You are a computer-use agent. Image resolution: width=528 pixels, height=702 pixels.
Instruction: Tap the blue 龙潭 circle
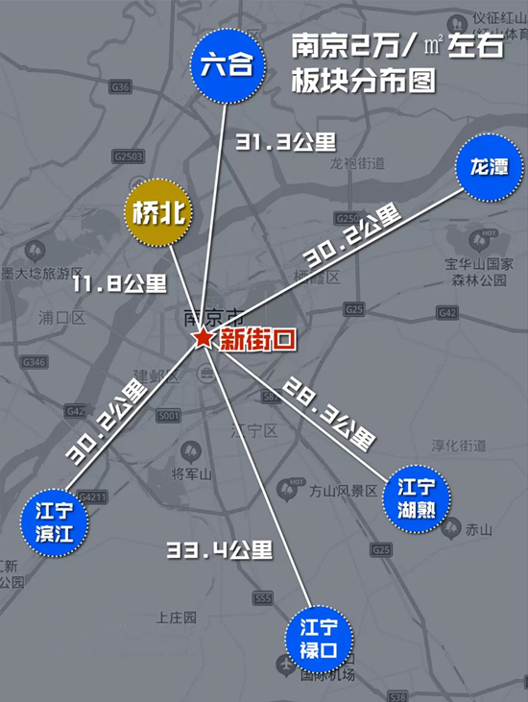pyautogui.click(x=489, y=166)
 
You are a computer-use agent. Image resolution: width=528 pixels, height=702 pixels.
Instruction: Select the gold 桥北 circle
pyautogui.click(x=157, y=213)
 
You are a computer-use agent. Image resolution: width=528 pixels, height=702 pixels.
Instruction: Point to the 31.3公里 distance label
pyautogui.click(x=285, y=142)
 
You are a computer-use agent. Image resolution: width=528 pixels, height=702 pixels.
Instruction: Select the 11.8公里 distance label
pyautogui.click(x=119, y=283)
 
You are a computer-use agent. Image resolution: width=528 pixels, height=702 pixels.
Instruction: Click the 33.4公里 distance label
pyautogui.click(x=220, y=551)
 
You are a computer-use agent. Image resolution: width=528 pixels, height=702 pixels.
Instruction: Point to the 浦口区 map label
pyautogui.click(x=62, y=316)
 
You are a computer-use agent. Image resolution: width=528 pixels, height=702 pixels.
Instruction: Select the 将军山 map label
pyautogui.click(x=190, y=473)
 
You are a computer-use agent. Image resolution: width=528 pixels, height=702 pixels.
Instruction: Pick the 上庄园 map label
pyautogui.click(x=176, y=616)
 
